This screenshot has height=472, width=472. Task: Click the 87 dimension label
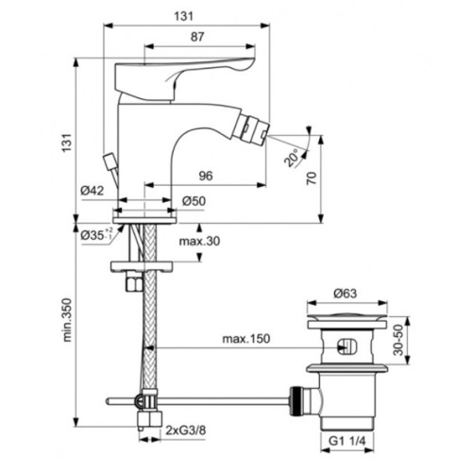click(197, 37)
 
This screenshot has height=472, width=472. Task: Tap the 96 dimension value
click(206, 176)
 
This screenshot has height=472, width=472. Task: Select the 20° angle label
click(292, 158)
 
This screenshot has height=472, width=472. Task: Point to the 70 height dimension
click(312, 178)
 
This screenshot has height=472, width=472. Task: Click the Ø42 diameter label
click(92, 191)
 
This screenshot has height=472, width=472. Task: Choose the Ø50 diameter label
click(194, 201)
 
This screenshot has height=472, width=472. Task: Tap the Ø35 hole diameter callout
click(96, 234)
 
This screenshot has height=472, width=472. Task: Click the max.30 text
click(199, 242)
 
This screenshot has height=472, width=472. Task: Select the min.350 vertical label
click(67, 320)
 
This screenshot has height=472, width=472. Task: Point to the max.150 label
click(246, 339)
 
